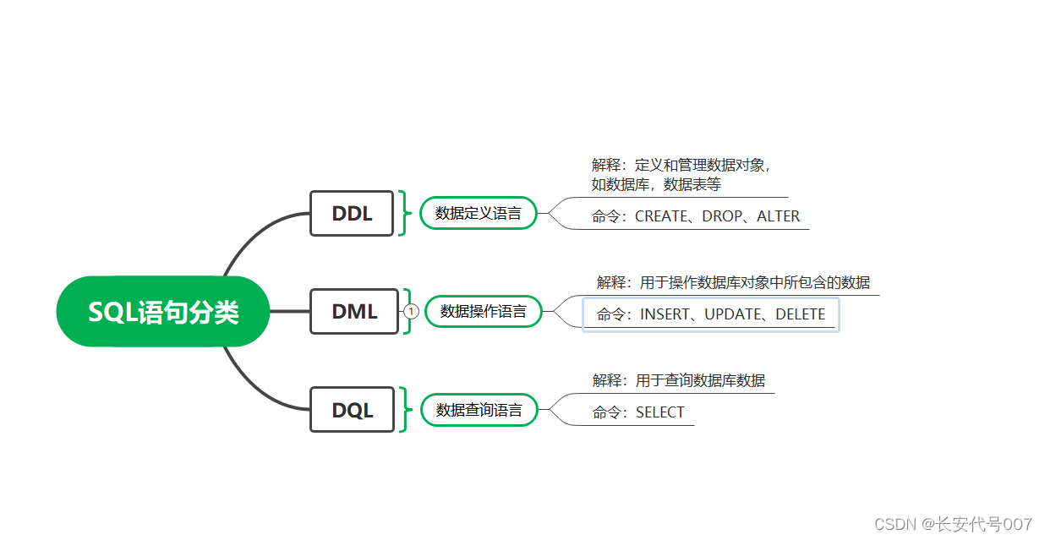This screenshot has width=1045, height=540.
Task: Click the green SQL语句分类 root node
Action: point(163,312)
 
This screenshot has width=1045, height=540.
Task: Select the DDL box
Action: point(352,214)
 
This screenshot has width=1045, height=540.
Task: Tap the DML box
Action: point(354,312)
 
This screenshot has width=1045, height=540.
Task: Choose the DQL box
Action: point(352,411)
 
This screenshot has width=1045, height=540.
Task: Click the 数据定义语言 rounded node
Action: point(479,214)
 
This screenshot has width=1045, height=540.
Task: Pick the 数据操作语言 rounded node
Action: point(483,312)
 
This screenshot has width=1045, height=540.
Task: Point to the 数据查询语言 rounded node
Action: point(479,411)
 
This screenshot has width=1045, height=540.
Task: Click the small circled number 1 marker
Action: point(412,312)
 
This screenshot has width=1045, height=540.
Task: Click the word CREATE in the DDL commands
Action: point(661,216)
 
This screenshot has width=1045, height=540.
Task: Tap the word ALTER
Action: point(779,216)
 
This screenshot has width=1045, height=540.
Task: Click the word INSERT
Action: point(665,314)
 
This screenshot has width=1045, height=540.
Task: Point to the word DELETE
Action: point(801,314)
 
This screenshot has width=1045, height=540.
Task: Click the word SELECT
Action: point(660,412)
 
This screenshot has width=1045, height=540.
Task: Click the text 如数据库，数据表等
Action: point(656,184)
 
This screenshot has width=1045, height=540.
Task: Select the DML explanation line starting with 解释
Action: point(733,282)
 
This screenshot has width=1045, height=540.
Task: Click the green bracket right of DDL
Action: point(403,214)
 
